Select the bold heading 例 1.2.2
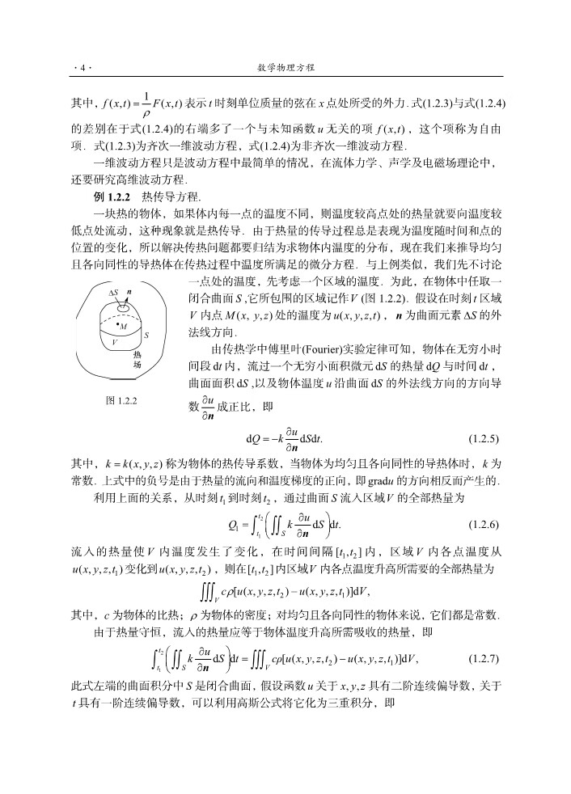tap(112, 196)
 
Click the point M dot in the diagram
tap(116, 325)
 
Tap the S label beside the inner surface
tap(146, 334)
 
